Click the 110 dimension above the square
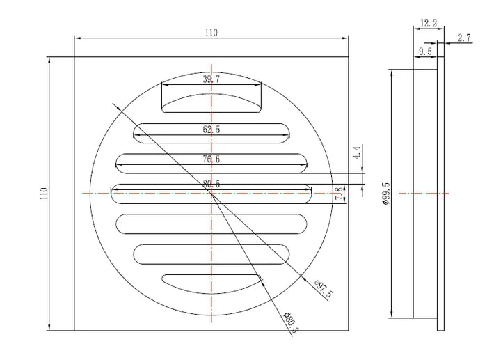click(x=211, y=33)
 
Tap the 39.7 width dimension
click(x=211, y=79)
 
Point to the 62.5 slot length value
click(x=211, y=130)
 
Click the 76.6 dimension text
click(x=211, y=159)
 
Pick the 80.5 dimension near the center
click(x=211, y=184)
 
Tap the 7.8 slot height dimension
click(x=339, y=194)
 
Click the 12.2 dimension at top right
click(x=429, y=23)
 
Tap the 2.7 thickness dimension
click(x=464, y=38)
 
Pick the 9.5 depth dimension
click(x=425, y=52)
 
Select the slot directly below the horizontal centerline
click(x=211, y=224)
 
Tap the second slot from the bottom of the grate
click(x=211, y=254)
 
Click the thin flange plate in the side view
click(x=440, y=194)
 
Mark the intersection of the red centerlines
click(x=211, y=194)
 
